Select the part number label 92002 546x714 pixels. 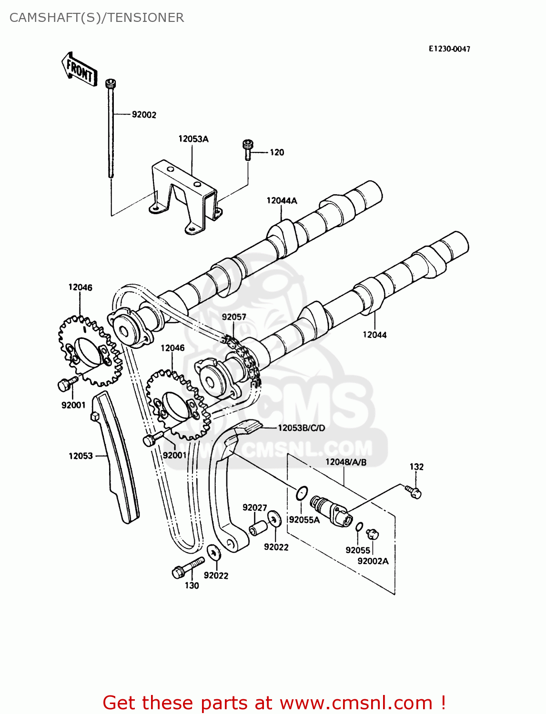coord(144,115)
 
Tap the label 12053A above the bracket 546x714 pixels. coord(193,139)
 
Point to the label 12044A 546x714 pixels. coord(282,200)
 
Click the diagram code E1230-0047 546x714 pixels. coord(449,49)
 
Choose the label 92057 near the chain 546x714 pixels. coord(234,317)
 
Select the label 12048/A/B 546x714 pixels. coord(346,462)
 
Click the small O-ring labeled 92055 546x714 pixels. coord(359,526)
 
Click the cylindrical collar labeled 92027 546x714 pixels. coord(259,528)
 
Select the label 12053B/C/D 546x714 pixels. coord(301,428)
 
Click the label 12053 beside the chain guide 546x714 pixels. coord(81,456)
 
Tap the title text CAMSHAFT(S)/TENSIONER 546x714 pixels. coord(97,18)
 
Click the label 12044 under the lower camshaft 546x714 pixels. coord(374,335)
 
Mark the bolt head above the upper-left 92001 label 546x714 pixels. coord(65,384)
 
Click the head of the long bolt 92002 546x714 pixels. coord(111,84)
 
